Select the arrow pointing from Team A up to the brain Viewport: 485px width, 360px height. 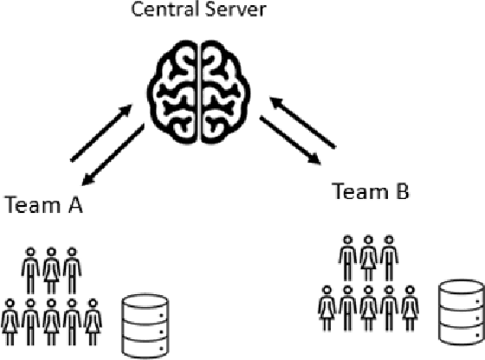click(x=100, y=132)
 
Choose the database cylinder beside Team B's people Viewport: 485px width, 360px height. click(x=460, y=310)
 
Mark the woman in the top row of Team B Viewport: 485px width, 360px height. click(x=368, y=256)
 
